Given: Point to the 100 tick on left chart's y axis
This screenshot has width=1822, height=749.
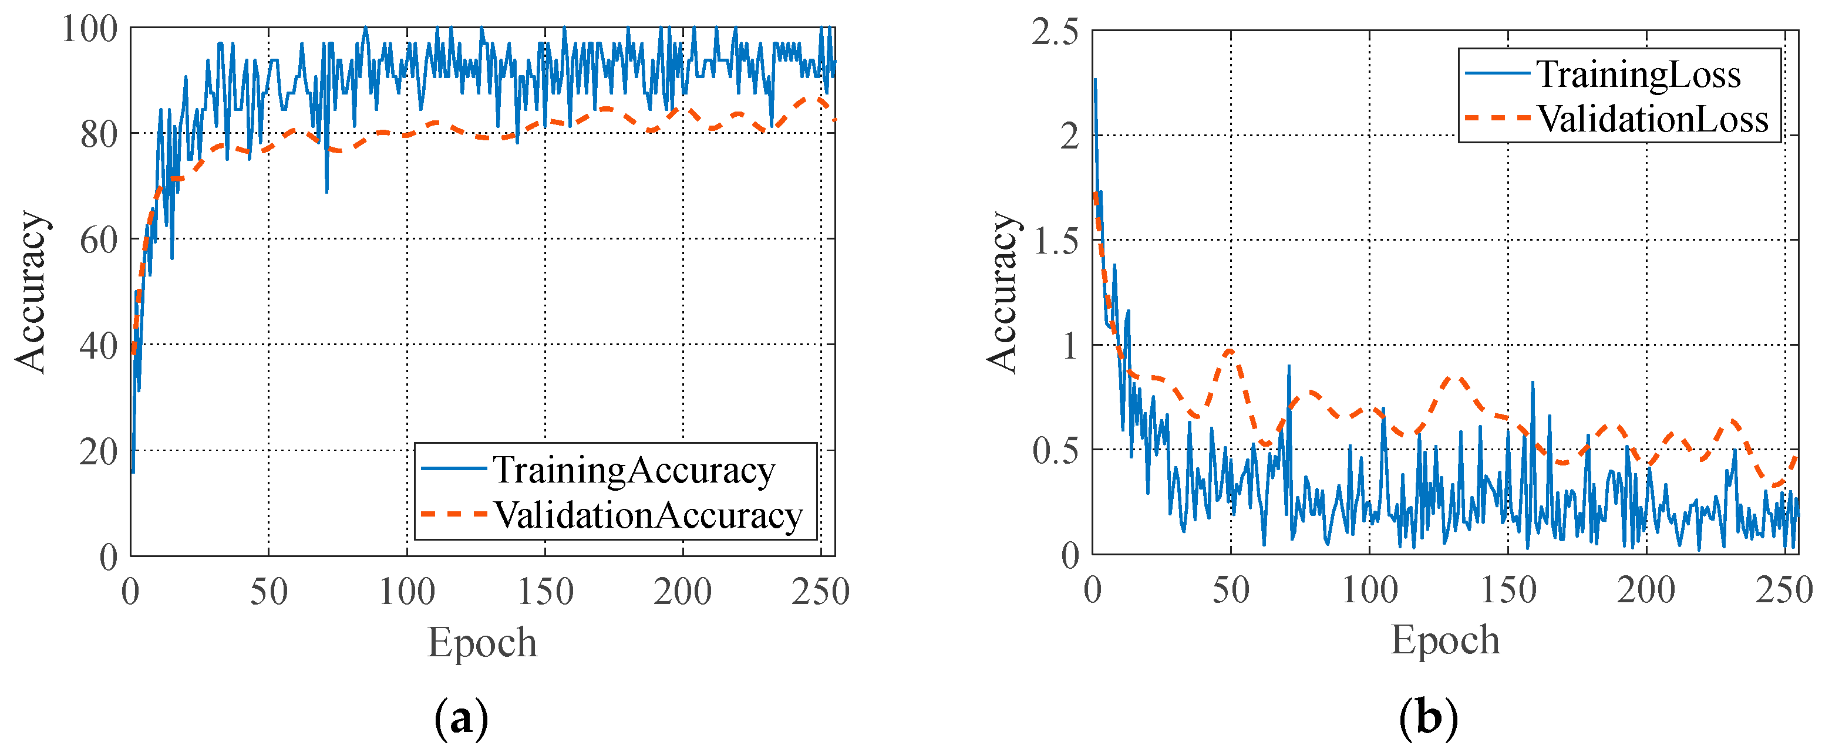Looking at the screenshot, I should point(89,30).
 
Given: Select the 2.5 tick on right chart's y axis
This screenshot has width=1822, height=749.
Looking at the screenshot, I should point(1055,32).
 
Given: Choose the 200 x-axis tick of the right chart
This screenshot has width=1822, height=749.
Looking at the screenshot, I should point(1645,590).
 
